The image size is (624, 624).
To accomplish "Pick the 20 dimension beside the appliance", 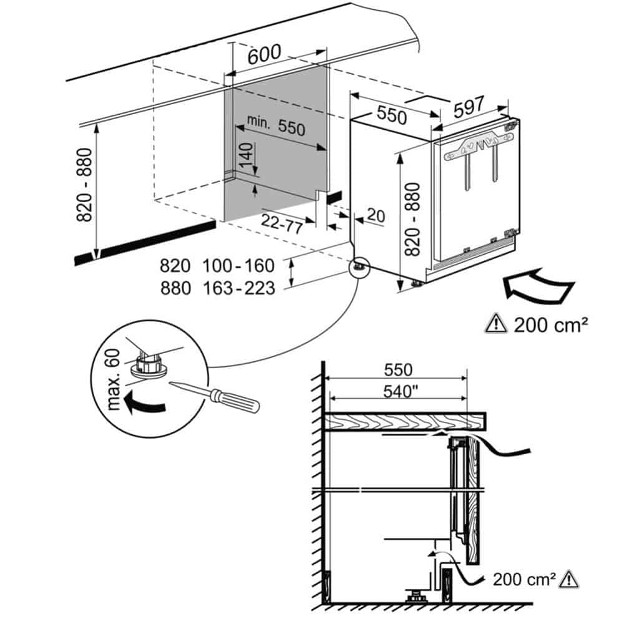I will (376, 215).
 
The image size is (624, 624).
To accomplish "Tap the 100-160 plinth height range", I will (238, 266).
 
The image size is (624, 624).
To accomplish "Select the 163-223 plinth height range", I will (238, 288).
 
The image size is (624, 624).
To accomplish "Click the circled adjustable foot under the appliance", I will (359, 266).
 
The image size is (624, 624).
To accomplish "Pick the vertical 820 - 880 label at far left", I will (85, 185).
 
